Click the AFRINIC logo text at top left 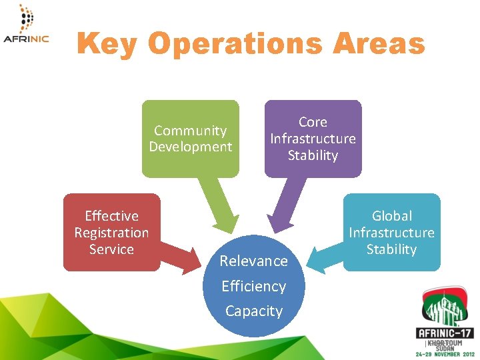click(25, 39)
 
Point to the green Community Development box click(190, 139)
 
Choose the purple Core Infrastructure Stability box click(313, 139)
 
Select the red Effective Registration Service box click(111, 232)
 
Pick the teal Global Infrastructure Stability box click(391, 232)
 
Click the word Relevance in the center click(254, 261)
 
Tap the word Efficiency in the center click(254, 286)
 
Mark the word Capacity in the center click(254, 311)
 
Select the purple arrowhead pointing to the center click(275, 223)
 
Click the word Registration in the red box click(111, 233)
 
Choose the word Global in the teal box click(391, 216)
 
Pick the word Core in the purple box click(313, 122)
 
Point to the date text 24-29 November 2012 click(445, 354)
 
